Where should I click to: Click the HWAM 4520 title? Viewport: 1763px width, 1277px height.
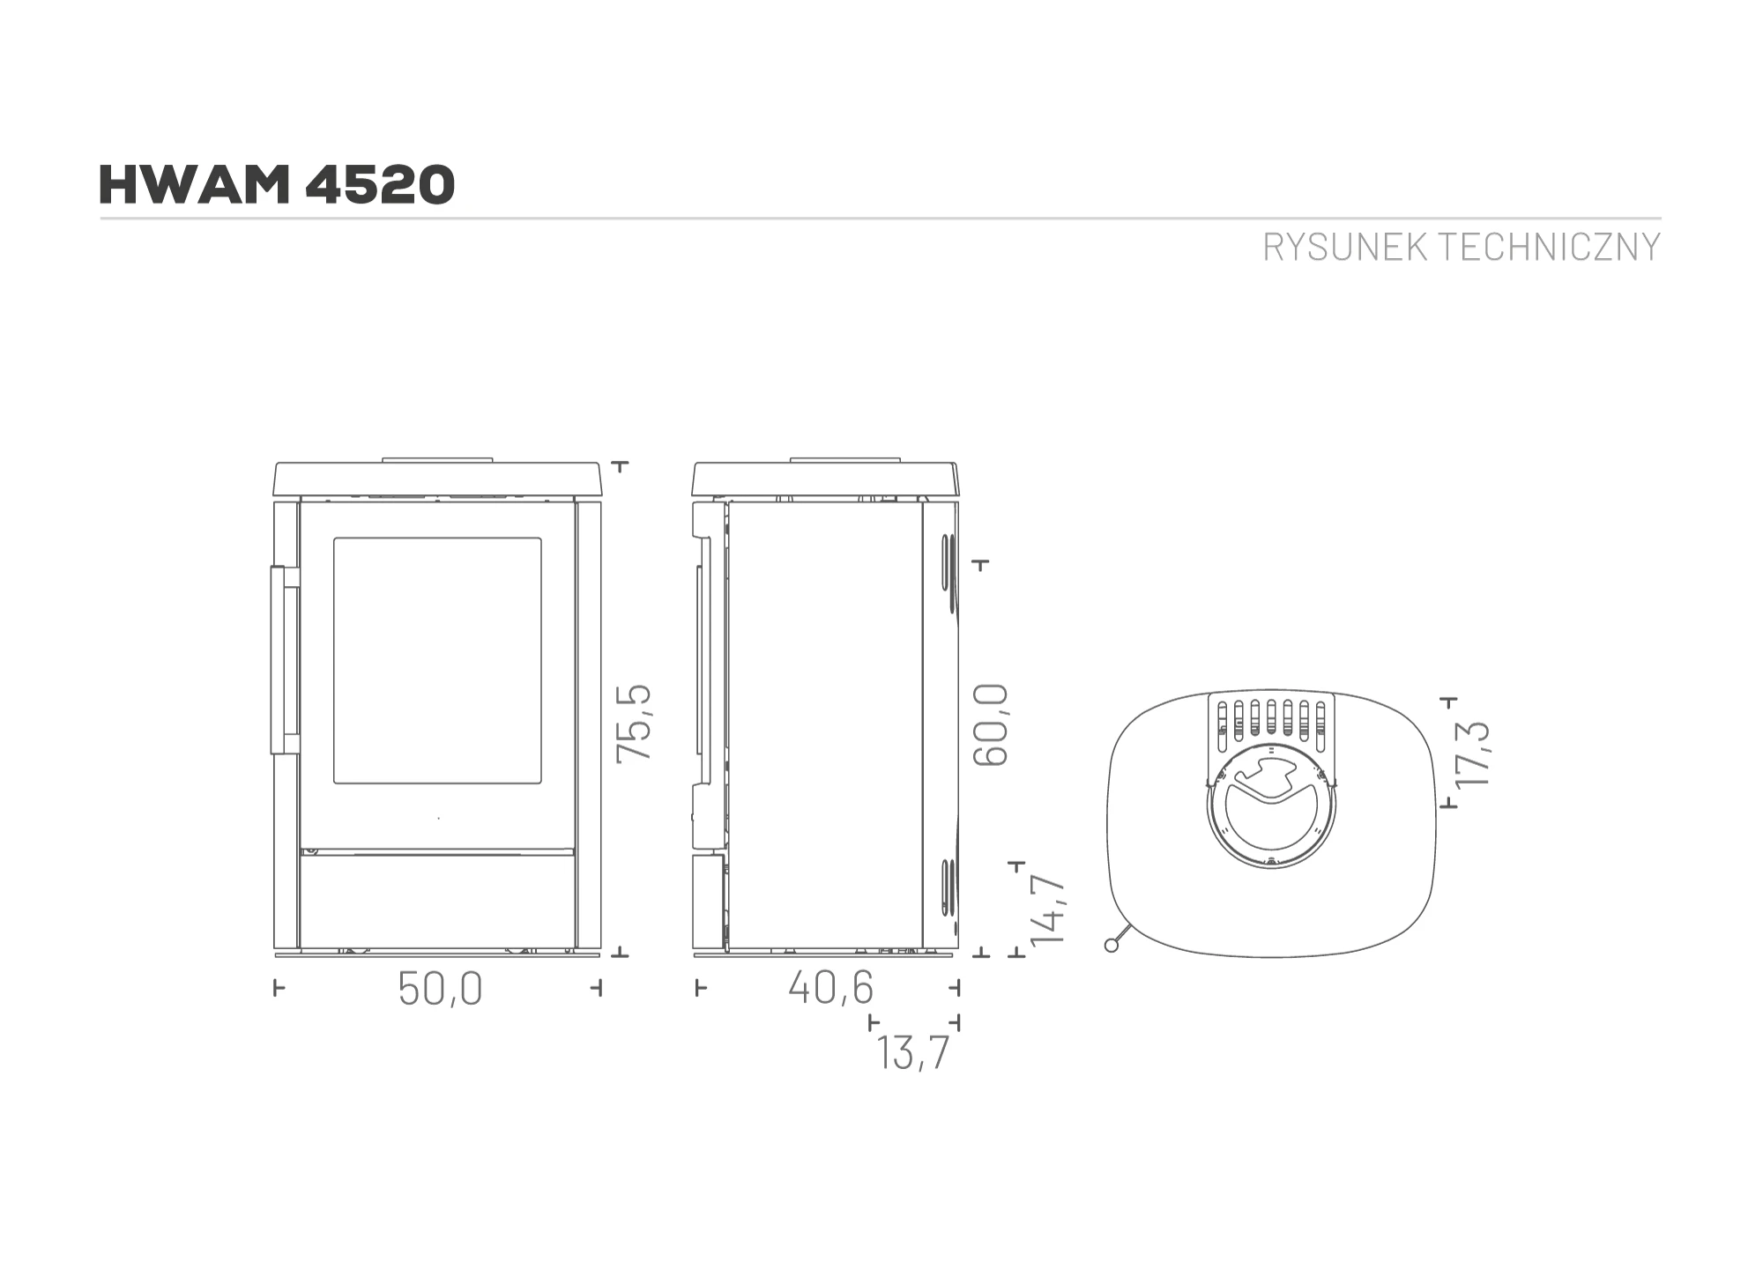(x=277, y=184)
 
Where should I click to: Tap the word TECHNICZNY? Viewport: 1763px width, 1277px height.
(x=1551, y=248)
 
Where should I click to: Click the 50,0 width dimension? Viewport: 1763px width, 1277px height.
(x=440, y=988)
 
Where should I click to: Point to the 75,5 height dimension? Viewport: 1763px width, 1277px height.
(x=634, y=723)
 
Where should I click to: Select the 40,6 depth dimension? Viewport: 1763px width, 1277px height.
(x=830, y=987)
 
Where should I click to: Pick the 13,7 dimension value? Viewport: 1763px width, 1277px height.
(x=913, y=1052)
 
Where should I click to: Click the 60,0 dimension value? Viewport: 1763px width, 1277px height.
(x=990, y=724)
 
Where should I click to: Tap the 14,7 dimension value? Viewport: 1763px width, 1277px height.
(x=1048, y=910)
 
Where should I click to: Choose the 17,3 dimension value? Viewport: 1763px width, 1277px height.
(x=1471, y=754)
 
